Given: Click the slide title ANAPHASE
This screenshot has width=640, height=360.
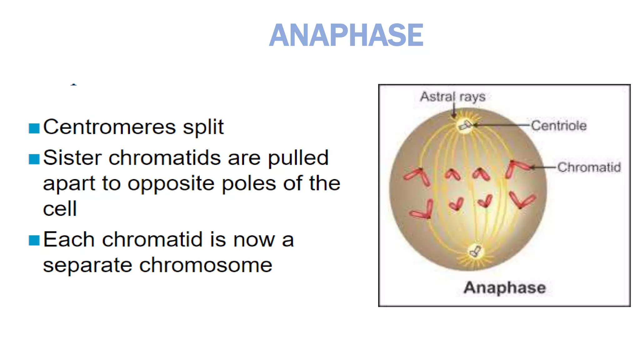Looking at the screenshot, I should pyautogui.click(x=346, y=35).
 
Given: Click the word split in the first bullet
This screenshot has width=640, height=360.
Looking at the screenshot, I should pyautogui.click(x=203, y=127).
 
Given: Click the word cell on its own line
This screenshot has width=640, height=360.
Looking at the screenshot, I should pyautogui.click(x=60, y=209).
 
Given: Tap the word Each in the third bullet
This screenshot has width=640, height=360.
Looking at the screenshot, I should pyautogui.click(x=69, y=240).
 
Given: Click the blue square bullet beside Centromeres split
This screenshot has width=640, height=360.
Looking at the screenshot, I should pyautogui.click(x=34, y=128).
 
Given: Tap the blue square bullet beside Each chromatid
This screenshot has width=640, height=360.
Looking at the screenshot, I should pyautogui.click(x=34, y=241).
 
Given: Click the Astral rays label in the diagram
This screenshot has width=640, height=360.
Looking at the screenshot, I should pyautogui.click(x=452, y=97).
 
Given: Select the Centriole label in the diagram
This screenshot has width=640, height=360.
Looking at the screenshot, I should pyautogui.click(x=559, y=126).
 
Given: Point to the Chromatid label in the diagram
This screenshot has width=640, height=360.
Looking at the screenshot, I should pyautogui.click(x=589, y=167).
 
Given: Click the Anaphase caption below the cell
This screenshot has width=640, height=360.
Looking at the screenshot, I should pyautogui.click(x=504, y=287).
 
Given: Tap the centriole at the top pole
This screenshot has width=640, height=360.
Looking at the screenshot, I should pyautogui.click(x=465, y=125).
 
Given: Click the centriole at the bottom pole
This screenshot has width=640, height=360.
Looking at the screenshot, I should pyautogui.click(x=476, y=251).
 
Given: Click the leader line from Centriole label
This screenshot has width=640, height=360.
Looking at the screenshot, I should pyautogui.click(x=503, y=125).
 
